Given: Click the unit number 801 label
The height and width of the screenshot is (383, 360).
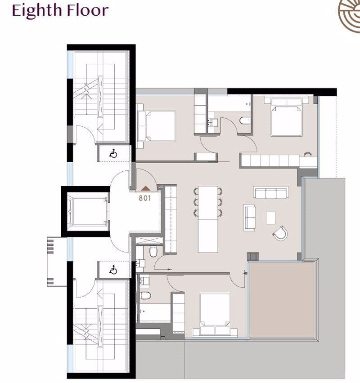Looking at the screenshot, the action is (145, 198).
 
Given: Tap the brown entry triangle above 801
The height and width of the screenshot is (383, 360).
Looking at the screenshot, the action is (145, 188).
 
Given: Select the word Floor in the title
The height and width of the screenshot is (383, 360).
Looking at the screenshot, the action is (88, 10).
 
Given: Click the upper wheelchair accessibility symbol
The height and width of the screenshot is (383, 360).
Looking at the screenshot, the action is (113, 154).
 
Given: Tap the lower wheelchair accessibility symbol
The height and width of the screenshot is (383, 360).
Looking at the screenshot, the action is (113, 270).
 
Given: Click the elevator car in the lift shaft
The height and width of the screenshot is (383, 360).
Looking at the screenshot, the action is (88, 211).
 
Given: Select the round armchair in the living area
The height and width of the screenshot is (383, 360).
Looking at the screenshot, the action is (280, 233).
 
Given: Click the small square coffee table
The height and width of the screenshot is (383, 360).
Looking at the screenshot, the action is (271, 218).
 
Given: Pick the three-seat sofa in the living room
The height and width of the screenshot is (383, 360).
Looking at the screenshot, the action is (271, 192).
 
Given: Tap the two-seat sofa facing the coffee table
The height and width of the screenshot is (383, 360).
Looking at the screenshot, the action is (249, 218).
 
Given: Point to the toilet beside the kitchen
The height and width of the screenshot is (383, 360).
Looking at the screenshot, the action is (153, 251).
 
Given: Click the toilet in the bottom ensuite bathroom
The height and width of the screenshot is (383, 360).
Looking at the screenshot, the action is (145, 295).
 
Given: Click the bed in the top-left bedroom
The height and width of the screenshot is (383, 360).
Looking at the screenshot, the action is (157, 126).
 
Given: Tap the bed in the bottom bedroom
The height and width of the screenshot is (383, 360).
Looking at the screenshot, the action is (215, 315).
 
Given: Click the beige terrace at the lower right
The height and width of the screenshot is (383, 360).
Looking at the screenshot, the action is (282, 299).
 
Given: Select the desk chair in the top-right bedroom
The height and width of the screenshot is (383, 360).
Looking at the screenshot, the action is (308, 154).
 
